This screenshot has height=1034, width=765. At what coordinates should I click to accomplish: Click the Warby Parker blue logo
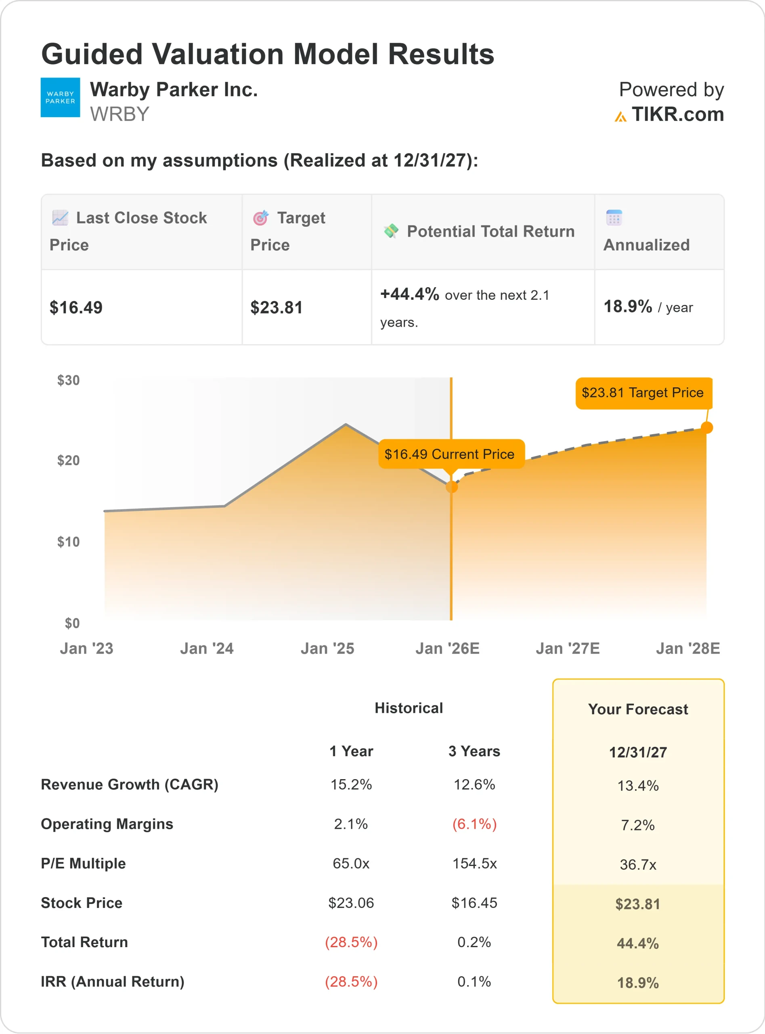coord(60,97)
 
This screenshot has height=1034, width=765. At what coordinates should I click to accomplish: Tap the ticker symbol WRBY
coord(119,114)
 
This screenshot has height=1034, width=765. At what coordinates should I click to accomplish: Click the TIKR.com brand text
coord(677,114)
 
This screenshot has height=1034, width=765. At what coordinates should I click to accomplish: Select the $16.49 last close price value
coord(76,308)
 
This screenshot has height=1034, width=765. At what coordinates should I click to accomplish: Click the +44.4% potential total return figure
coord(409,294)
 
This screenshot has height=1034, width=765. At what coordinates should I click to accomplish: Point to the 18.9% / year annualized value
coord(648,307)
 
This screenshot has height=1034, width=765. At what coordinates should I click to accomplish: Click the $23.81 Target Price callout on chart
coord(643,393)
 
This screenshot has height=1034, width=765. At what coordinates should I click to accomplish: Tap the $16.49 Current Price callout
coord(449,454)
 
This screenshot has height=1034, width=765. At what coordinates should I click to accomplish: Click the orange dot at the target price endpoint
coord(706,428)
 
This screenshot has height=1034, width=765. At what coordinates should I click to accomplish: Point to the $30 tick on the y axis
coord(69,380)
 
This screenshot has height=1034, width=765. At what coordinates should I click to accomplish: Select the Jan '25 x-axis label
coord(327,649)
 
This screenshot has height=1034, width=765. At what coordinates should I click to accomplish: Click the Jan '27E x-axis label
coord(568,649)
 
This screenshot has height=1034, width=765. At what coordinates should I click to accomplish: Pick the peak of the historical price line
coord(346,425)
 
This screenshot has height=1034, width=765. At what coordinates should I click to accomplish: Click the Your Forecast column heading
coord(638,709)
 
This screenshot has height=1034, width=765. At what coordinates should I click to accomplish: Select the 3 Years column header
coord(474,751)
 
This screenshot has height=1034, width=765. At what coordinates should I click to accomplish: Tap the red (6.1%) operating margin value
coord(474,824)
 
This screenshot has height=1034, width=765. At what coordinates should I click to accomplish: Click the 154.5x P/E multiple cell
coord(474,864)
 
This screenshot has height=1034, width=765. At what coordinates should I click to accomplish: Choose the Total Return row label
coord(84,942)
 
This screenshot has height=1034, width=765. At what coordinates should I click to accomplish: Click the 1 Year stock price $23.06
coord(351,903)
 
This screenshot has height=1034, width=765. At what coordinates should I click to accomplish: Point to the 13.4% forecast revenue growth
coord(638,786)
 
